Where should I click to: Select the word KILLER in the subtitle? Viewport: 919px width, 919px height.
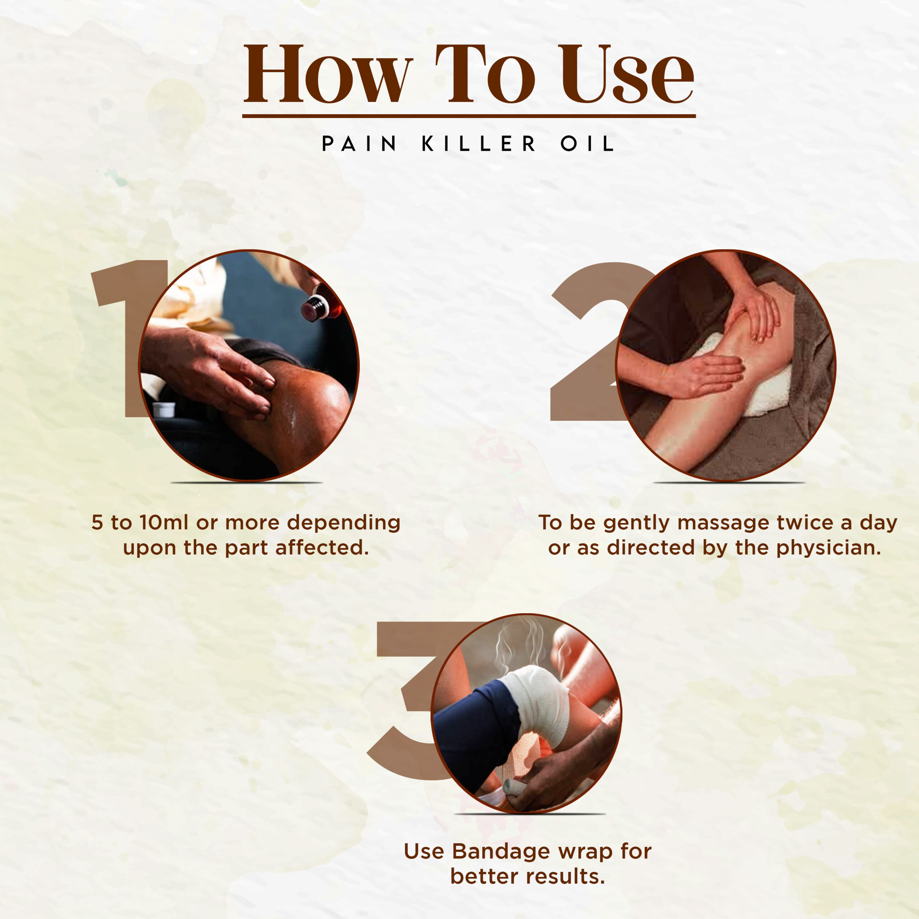(x=479, y=144)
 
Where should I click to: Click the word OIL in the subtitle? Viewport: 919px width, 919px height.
(x=587, y=144)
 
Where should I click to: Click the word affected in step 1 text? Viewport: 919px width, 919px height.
(x=322, y=547)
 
